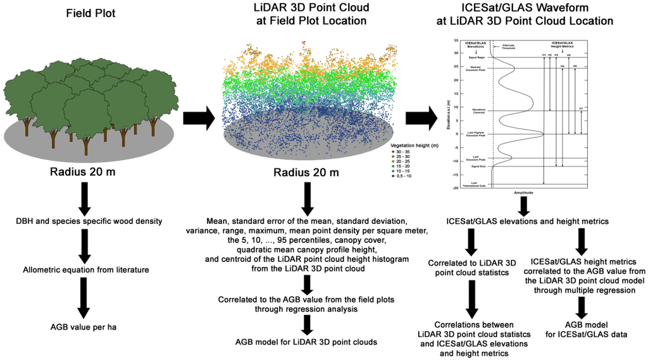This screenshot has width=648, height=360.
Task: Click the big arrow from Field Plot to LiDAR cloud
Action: [196, 117]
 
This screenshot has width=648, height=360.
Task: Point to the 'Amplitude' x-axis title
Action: [523, 192]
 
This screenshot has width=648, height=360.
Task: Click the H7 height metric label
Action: [581, 108]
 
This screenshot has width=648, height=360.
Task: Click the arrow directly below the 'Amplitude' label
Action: [523, 205]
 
